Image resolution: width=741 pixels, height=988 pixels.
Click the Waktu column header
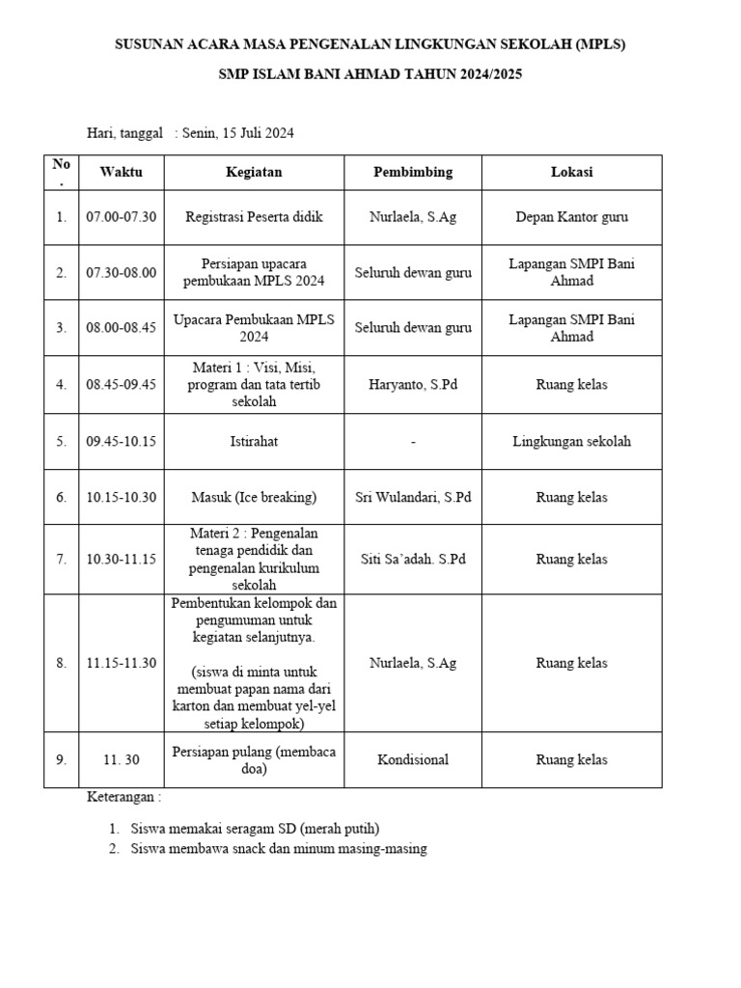point(121,173)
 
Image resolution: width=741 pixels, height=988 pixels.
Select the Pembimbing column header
point(413,173)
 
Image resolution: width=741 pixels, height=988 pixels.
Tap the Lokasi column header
point(571,173)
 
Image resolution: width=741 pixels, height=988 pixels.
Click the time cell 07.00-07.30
point(121,217)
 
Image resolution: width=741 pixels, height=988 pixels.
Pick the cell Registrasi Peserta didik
point(254,217)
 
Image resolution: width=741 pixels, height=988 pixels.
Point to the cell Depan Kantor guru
point(571,217)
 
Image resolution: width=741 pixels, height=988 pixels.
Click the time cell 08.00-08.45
point(121,328)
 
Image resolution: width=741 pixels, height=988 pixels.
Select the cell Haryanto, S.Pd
point(413,384)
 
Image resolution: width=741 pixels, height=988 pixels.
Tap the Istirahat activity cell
point(254,441)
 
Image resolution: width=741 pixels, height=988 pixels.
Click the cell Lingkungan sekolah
point(571,441)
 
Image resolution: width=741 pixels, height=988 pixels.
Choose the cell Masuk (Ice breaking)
point(254,497)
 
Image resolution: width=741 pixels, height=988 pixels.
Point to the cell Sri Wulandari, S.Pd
point(413,497)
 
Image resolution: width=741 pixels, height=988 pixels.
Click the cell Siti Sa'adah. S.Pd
point(413,559)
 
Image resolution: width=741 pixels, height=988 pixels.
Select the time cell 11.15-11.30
point(121,663)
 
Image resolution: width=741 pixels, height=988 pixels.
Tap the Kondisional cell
point(413,759)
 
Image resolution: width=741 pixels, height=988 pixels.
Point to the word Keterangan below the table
point(124,798)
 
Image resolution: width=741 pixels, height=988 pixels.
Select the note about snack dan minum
point(279,849)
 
